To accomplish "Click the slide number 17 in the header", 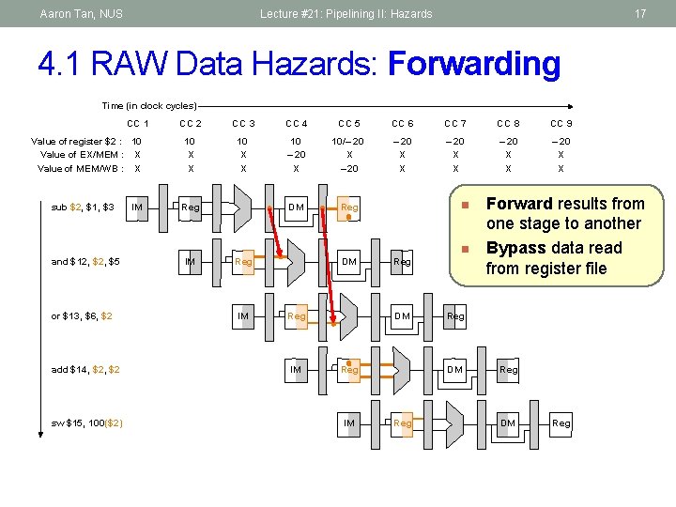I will pos(640,14).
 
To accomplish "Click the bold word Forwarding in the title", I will pos(473,65).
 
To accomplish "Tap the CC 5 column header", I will pos(349,124).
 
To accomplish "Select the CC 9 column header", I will pos(561,124).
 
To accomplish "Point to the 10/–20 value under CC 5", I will pos(349,141).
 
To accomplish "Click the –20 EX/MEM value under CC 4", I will pos(296,155).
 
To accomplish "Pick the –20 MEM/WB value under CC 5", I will pos(349,169).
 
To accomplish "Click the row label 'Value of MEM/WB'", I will pos(80,169).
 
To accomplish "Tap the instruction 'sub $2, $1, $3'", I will pos(84,207).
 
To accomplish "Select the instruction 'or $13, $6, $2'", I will pos(82,316).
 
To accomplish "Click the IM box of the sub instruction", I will pos(137,207).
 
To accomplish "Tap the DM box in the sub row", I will pos(296,207).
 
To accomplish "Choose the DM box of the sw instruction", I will pos(508,423).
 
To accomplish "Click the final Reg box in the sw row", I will pos(561,423).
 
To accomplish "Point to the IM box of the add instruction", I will pos(296,370).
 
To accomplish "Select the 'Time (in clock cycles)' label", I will pos(149,106).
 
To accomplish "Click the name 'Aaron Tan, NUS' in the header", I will pos(82,14).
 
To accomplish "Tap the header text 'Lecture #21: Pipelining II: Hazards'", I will pos(346,14).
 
